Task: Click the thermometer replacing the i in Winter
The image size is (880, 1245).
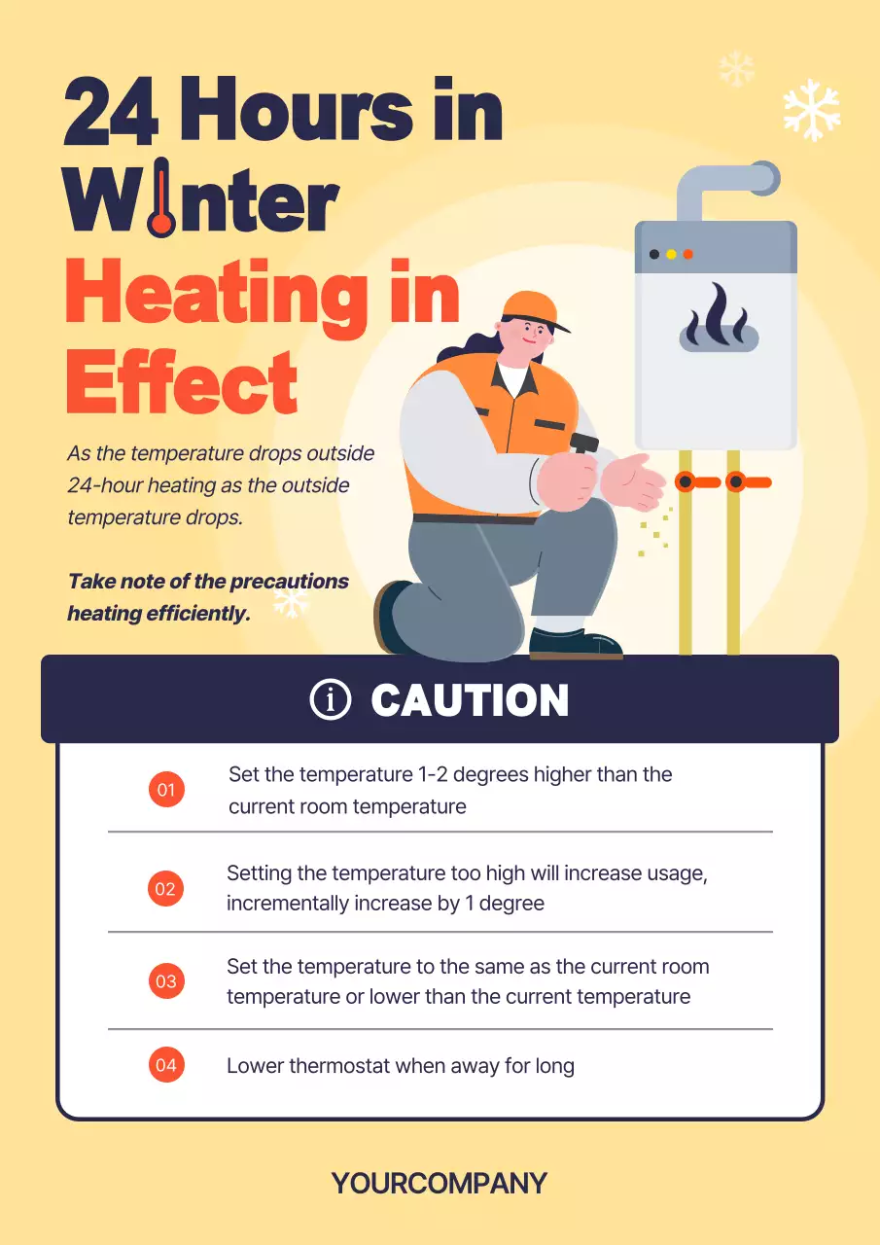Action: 161,197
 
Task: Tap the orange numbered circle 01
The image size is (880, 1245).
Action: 166,789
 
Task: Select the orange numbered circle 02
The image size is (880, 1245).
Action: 165,888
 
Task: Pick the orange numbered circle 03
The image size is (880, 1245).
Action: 166,981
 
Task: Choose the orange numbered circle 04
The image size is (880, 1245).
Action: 166,1065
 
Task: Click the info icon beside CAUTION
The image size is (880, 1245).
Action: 331,699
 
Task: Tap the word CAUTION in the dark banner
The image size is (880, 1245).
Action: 470,699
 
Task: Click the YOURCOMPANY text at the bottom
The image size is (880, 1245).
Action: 440,1183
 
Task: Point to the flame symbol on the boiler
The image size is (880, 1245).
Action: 719,318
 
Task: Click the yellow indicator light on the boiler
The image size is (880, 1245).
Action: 671,254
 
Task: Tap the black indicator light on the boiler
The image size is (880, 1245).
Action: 654,254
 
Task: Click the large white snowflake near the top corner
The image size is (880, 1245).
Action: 812,110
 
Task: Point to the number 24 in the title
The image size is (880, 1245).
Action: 111,111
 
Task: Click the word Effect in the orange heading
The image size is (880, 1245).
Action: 182,382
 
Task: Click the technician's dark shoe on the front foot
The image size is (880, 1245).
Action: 576,645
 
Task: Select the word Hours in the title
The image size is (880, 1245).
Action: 298,110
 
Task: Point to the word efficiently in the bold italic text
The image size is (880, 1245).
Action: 198,614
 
